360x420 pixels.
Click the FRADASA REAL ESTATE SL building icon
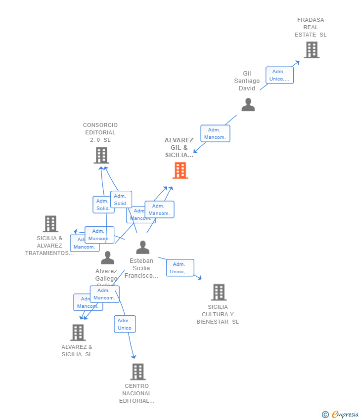click(x=312, y=50)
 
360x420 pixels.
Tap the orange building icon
click(x=180, y=170)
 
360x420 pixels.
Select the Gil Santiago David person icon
click(x=248, y=105)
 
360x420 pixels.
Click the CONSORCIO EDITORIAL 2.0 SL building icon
click(x=101, y=155)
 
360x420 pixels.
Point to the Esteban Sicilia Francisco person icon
click(x=142, y=247)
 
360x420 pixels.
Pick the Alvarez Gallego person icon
click(x=107, y=258)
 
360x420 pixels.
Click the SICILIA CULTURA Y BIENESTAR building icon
click(x=219, y=292)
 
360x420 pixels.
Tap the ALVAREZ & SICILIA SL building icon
click(x=78, y=333)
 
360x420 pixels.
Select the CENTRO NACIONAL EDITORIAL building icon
click(x=137, y=372)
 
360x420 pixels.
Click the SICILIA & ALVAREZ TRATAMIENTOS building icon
click(x=50, y=224)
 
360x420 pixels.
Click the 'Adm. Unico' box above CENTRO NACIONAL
click(x=125, y=324)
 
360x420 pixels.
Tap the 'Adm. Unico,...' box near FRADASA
click(x=279, y=75)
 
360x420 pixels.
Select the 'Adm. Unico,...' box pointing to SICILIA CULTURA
click(x=180, y=268)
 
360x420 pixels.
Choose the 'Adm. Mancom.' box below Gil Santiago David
click(x=215, y=133)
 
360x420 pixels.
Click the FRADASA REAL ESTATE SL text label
click(x=311, y=27)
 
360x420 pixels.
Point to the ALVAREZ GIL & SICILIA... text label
click(x=179, y=148)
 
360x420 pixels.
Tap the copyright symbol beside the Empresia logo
click(x=325, y=415)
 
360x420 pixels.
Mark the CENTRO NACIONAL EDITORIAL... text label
click(x=137, y=393)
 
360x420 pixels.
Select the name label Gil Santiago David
click(x=247, y=81)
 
